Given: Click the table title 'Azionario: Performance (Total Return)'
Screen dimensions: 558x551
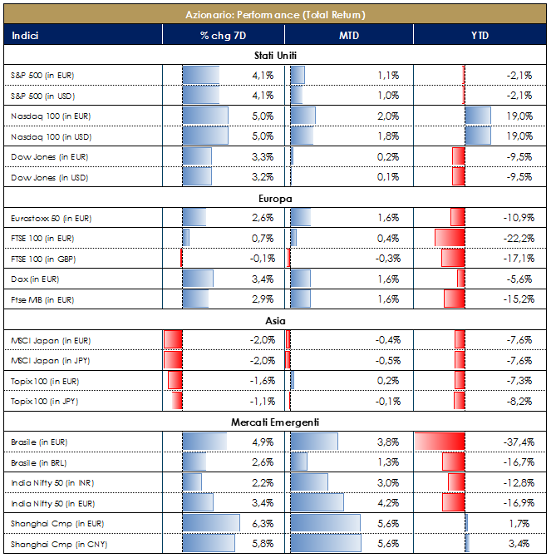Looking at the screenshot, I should (x=275, y=14).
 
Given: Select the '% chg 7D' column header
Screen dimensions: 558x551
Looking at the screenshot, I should (x=224, y=35).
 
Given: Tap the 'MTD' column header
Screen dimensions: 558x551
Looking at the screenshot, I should (x=348, y=35).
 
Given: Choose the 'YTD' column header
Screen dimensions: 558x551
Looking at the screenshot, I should (x=480, y=35).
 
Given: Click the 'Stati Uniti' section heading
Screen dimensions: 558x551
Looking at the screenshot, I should (x=275, y=56).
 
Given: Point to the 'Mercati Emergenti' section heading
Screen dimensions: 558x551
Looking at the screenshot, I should (x=275, y=422).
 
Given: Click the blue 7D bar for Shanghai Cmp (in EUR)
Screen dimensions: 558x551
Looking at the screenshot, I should (x=211, y=524).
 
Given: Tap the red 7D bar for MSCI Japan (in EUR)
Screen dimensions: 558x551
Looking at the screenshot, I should (x=173, y=339).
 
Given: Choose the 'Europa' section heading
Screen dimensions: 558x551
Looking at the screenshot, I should (x=275, y=198).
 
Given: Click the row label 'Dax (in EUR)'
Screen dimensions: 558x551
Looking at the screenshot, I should (x=35, y=279).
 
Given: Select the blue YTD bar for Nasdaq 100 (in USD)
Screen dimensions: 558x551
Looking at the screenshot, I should (x=478, y=136).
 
